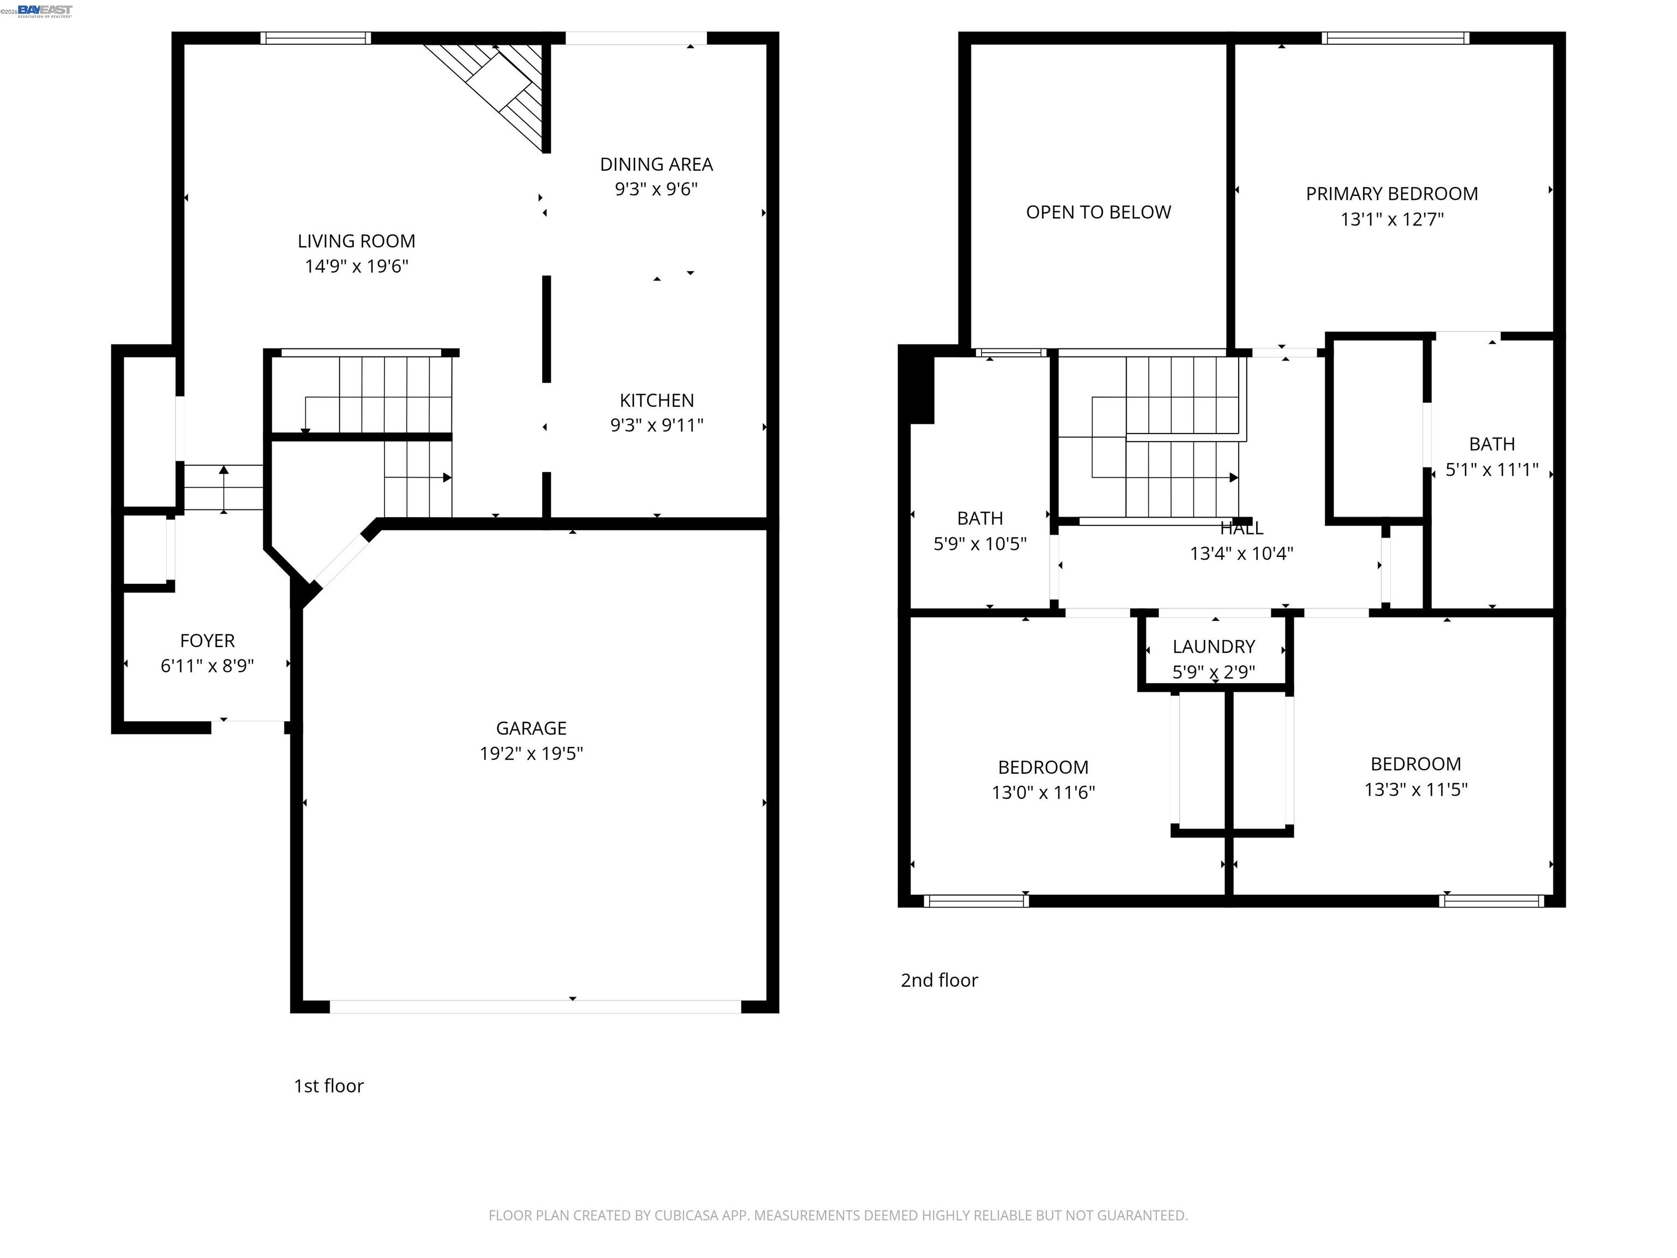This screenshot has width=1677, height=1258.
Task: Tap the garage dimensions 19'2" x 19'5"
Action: pyautogui.click(x=531, y=753)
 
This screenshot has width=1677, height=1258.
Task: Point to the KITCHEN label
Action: pyautogui.click(x=657, y=400)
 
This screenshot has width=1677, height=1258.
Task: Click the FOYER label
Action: pyautogui.click(x=207, y=641)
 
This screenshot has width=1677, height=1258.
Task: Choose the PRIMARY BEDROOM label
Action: pyautogui.click(x=1391, y=194)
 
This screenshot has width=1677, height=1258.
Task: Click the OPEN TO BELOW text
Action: pyautogui.click(x=1098, y=212)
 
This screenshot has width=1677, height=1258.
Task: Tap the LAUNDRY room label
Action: pyautogui.click(x=1213, y=647)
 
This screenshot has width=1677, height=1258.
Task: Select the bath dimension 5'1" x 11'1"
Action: pyautogui.click(x=1491, y=470)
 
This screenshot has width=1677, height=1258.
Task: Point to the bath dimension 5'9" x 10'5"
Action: pyautogui.click(x=979, y=544)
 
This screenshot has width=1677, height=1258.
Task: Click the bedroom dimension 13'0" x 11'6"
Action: pyautogui.click(x=1043, y=792)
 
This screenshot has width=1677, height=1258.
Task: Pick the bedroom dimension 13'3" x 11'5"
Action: pyautogui.click(x=1416, y=790)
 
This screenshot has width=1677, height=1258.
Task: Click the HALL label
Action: pyautogui.click(x=1241, y=529)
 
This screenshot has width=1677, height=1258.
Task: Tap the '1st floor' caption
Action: pyautogui.click(x=328, y=1086)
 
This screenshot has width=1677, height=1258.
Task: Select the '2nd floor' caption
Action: pyautogui.click(x=938, y=981)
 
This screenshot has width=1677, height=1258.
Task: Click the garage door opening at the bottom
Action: pyautogui.click(x=534, y=1006)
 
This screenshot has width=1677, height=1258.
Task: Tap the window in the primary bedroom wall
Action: pyautogui.click(x=1395, y=38)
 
